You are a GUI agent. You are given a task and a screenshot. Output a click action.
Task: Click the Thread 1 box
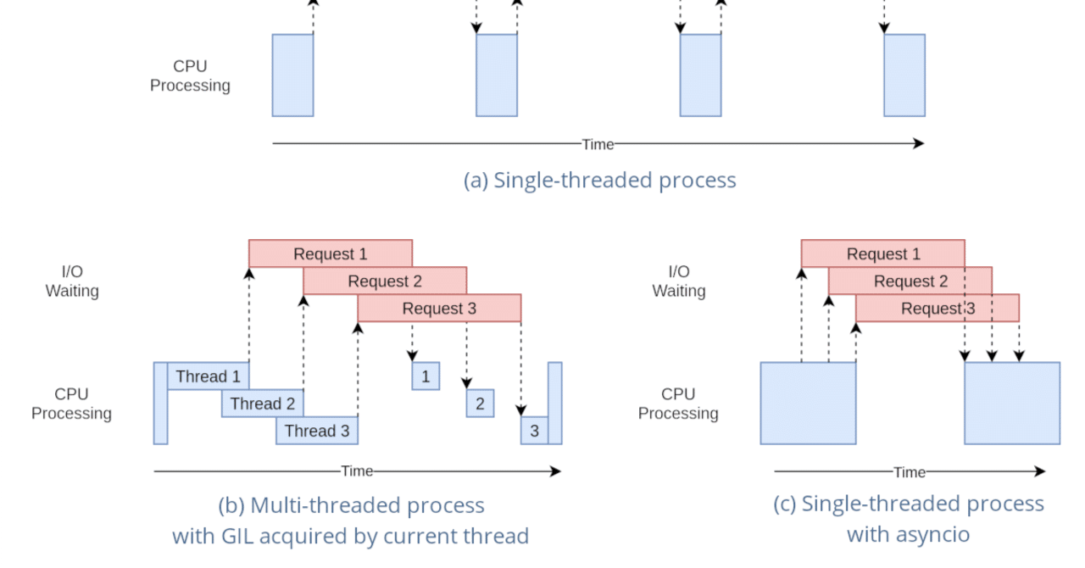[208, 376]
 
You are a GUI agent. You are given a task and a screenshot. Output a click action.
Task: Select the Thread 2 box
[262, 404]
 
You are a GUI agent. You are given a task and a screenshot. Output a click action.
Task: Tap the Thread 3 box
[316, 431]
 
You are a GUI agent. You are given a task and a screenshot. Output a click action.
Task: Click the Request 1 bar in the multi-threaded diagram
[330, 253]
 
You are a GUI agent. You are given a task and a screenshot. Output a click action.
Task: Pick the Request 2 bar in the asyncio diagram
[910, 281]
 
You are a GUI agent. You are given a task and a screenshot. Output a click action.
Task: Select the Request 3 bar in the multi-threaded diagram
[438, 308]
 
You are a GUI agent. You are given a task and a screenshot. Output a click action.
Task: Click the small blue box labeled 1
[426, 376]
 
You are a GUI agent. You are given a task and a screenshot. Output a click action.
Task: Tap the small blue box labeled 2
[480, 404]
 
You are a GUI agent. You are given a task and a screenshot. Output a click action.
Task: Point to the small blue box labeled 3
[534, 431]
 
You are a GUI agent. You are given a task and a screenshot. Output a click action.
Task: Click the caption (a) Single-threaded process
[599, 180]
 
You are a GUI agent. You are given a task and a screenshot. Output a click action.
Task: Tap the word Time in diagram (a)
[598, 144]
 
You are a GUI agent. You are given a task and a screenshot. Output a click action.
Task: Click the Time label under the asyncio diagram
[909, 472]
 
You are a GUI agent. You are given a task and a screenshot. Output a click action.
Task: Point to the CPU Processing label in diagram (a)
[190, 75]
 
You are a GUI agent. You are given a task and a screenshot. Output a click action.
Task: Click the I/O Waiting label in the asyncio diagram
[678, 281]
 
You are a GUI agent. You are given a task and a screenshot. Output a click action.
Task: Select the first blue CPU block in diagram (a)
[292, 75]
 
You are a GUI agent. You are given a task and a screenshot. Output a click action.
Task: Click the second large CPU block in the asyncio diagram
[1011, 404]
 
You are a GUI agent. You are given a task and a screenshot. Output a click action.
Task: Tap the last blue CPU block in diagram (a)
[904, 75]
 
